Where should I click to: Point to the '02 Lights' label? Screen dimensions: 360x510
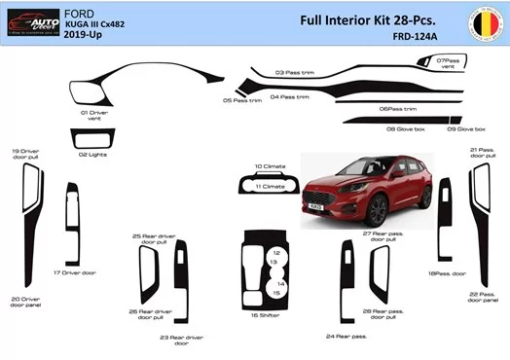click(x=92, y=154)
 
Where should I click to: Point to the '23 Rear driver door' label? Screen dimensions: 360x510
click(x=174, y=340)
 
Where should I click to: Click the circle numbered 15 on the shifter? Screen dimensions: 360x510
click(x=277, y=292)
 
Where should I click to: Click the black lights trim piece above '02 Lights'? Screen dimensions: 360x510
click(x=92, y=139)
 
